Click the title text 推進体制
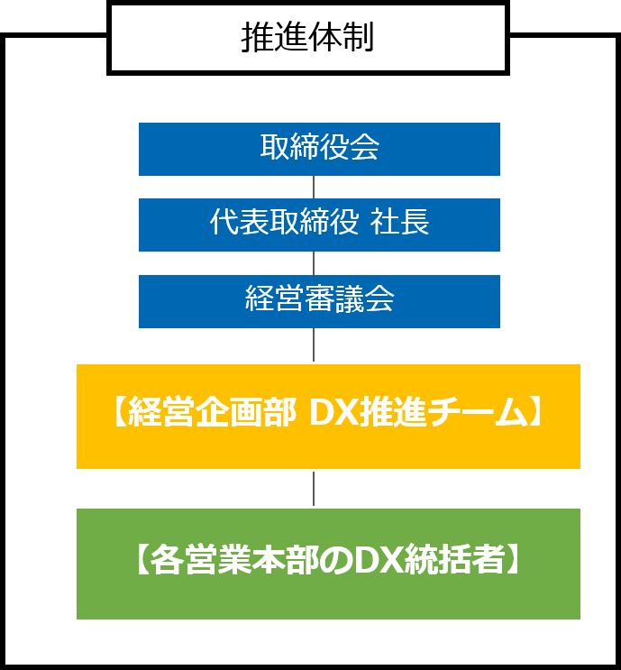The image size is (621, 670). point(307,38)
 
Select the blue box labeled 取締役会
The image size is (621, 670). point(319,148)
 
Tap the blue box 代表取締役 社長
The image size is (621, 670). point(319,224)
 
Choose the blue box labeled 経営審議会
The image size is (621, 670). point(319,299)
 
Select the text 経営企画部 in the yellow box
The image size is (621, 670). point(211,414)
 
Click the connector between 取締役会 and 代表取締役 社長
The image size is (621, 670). point(314,187)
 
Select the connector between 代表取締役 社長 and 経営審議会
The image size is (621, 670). point(314,262)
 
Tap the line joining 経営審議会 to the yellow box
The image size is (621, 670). point(314,344)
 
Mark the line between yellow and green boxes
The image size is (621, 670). point(314,488)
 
